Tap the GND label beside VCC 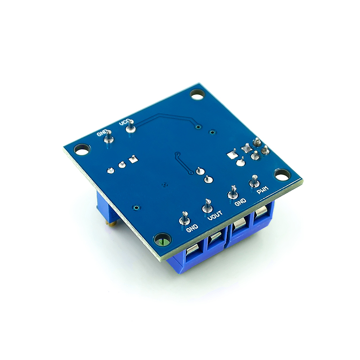click(x=103, y=133)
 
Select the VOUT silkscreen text click(x=215, y=216)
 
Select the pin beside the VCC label click(x=130, y=129)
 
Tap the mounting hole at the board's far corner click(x=196, y=94)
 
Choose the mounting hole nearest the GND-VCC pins click(x=81, y=149)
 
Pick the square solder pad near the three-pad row click(x=132, y=159)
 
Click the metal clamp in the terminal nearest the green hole click(x=190, y=252)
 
